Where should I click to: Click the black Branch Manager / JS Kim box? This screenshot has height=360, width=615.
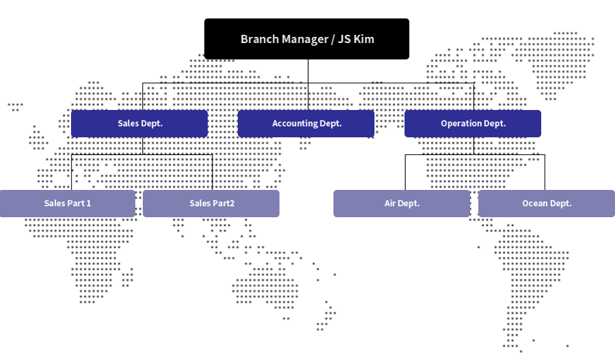(307, 39)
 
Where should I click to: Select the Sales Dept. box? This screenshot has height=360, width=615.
(139, 124)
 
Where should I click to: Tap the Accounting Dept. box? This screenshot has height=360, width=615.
(306, 124)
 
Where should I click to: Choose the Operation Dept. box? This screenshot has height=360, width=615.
(473, 124)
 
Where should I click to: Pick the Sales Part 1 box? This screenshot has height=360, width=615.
(68, 204)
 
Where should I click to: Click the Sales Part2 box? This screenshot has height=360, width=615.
(211, 204)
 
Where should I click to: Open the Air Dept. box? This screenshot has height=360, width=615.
(402, 204)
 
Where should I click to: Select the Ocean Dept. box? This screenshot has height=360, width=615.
(547, 204)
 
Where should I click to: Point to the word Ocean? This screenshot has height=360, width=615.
(535, 204)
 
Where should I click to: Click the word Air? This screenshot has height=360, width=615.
(390, 204)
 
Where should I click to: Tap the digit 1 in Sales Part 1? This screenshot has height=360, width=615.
(88, 204)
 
